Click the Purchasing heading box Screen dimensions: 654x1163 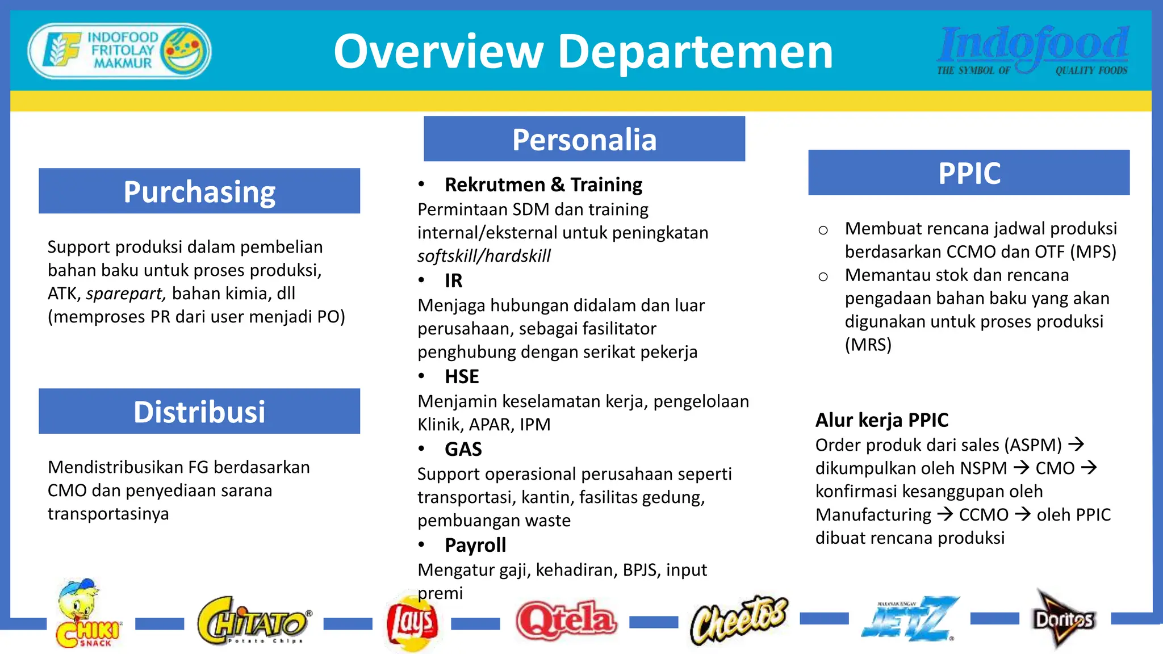199,191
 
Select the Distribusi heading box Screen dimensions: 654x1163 199,412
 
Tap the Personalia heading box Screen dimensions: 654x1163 584,139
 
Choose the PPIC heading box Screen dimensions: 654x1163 969,173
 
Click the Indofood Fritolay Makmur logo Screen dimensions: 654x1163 120,51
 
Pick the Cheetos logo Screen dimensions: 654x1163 739,620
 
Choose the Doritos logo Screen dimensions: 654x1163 1062,619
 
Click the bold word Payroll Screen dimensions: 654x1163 475,545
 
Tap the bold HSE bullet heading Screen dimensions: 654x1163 462,376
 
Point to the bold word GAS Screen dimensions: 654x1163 463,449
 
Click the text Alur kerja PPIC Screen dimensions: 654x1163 881,420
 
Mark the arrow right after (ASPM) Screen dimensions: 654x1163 1076,444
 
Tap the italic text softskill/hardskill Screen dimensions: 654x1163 484,256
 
